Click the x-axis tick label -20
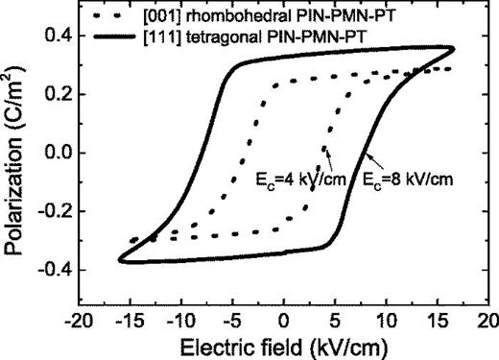tap(78, 318)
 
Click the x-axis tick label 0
tap(284, 318)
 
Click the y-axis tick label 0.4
tap(52, 35)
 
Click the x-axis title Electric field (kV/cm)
tap(283, 344)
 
